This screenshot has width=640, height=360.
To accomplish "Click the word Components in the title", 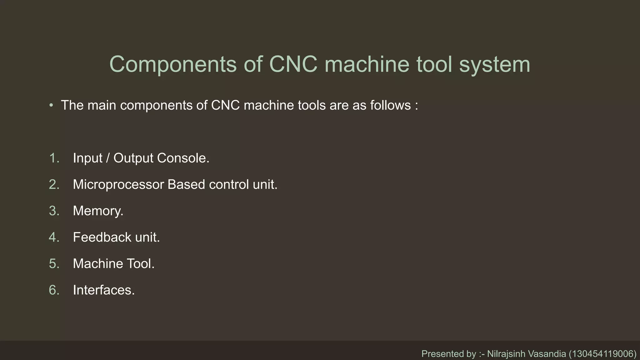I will click(173, 65).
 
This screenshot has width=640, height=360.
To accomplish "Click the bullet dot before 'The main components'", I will click(51, 105).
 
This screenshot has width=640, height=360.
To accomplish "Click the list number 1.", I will click(54, 158).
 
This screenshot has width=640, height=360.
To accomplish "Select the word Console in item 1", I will click(183, 158).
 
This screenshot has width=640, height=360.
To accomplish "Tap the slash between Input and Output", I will click(108, 158).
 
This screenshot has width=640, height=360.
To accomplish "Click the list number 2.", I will click(54, 185).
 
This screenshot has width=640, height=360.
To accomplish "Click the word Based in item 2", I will click(186, 185).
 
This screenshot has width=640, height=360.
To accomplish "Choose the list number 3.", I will click(54, 211).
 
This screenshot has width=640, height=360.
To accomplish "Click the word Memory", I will click(97, 211).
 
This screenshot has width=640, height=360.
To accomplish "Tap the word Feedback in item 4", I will click(102, 237).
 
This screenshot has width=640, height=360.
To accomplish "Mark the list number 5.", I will click(54, 264).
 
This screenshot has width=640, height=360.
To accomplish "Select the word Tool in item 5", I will click(140, 264).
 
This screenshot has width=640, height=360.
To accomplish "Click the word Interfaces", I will click(103, 290).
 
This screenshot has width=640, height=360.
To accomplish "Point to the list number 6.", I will click(54, 290).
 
